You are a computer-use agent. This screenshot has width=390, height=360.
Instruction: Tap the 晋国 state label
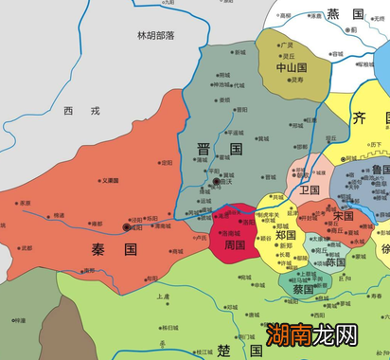[x=220, y=150]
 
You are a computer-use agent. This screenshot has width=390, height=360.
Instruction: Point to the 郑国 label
[x=287, y=234]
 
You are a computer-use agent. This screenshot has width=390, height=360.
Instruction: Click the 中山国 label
[x=292, y=68]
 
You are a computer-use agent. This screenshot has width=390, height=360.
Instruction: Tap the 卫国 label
[x=310, y=189]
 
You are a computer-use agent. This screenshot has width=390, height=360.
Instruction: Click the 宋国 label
[x=343, y=216]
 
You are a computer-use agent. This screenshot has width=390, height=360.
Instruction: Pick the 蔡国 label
[x=303, y=290]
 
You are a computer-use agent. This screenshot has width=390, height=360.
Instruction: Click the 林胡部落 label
[x=156, y=36]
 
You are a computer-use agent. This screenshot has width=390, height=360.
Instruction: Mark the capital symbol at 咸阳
[x=128, y=227]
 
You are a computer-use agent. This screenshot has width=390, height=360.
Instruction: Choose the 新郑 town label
[x=285, y=245]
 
